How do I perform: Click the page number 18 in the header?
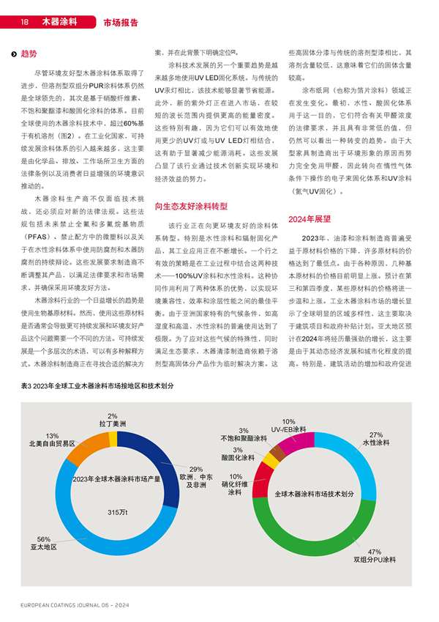tap(24, 22)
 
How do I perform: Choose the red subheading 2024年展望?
tap(310, 218)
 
